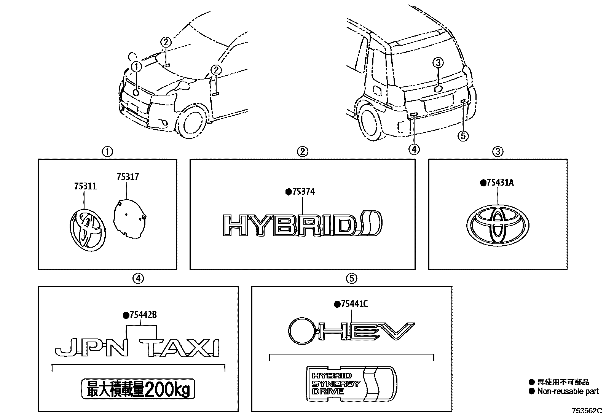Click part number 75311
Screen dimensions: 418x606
click(86, 187)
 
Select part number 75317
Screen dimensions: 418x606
click(128, 177)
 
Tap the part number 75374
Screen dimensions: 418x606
click(303, 192)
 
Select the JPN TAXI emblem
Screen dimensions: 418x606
click(137, 347)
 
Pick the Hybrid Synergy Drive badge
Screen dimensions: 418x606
click(351, 383)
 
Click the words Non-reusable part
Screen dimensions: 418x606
click(568, 391)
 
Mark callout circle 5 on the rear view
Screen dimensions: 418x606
click(463, 135)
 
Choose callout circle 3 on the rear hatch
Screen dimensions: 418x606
click(439, 62)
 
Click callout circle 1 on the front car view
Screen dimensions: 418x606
click(137, 67)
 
